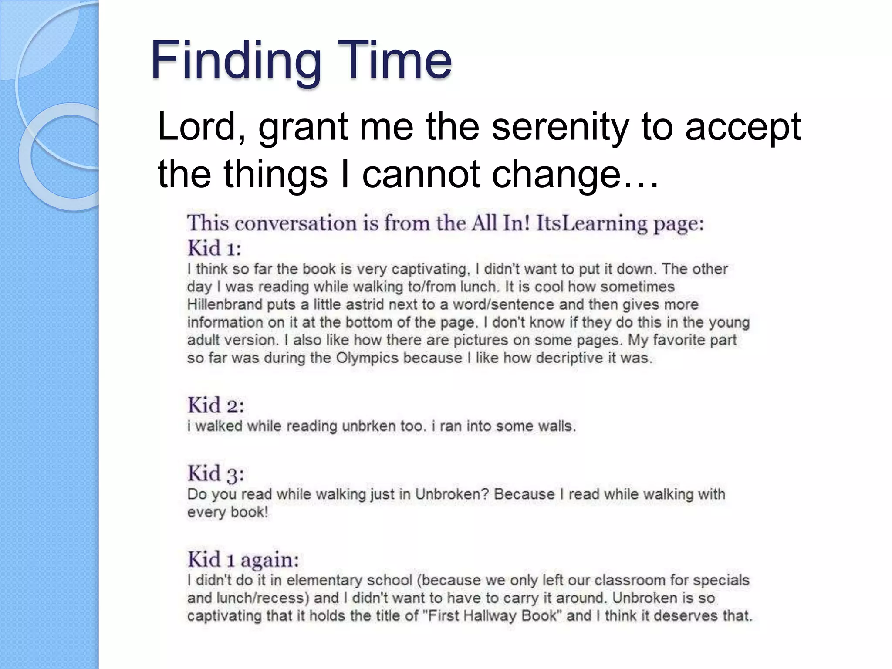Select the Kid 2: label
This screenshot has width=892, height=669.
click(x=216, y=405)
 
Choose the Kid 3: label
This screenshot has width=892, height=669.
click(x=216, y=473)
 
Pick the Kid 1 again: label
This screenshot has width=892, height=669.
click(x=243, y=559)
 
